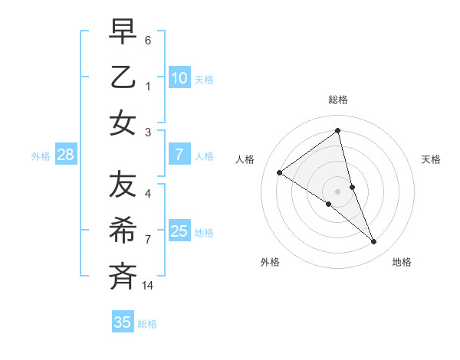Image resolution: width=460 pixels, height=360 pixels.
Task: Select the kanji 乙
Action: click(x=123, y=78)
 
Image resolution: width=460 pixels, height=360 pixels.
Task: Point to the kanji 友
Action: click(x=123, y=185)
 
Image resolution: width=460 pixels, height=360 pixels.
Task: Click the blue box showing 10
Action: click(x=179, y=78)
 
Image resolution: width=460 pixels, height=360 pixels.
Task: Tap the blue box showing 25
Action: click(x=179, y=231)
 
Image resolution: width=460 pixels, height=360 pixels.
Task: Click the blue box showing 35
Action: click(x=123, y=322)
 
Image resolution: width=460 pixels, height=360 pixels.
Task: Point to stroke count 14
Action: click(x=148, y=286)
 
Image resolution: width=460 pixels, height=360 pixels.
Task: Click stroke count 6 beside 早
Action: click(x=148, y=40)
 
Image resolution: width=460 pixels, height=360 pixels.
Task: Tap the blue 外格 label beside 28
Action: click(x=41, y=156)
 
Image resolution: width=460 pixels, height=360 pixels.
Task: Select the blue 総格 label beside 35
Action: click(x=147, y=323)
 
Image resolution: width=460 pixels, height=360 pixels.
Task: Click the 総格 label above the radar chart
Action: click(x=337, y=100)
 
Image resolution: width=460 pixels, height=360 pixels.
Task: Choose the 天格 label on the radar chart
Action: click(x=431, y=159)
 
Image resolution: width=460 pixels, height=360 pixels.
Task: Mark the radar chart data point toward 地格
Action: click(x=374, y=242)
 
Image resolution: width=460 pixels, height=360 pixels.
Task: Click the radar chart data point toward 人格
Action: click(x=280, y=172)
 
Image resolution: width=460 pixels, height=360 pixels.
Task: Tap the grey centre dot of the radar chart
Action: click(x=337, y=191)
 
